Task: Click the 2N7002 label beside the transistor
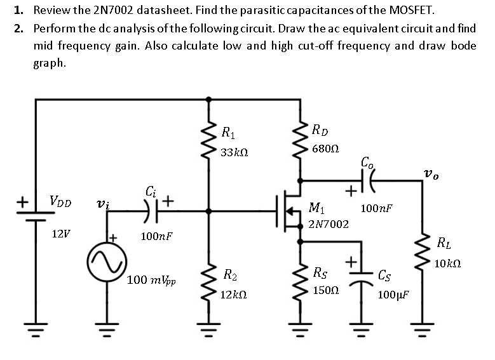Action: coord(328,223)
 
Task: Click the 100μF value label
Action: coord(393,295)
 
